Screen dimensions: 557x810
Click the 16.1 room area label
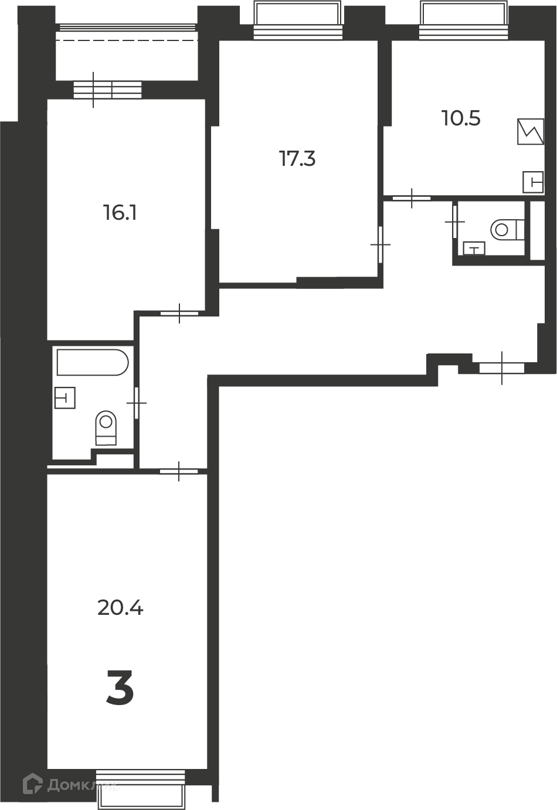click(120, 212)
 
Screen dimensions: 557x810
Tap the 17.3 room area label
click(297, 159)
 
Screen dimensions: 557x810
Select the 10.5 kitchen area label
click(461, 118)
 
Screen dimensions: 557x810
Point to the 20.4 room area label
click(120, 607)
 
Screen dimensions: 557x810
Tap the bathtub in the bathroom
click(93, 362)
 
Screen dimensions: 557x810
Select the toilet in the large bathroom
click(106, 428)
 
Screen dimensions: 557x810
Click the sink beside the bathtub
click(64, 398)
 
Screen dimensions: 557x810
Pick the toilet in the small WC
click(507, 229)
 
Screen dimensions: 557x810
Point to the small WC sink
click(474, 249)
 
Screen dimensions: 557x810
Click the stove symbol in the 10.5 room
click(531, 132)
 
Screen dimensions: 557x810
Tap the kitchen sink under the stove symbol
click(533, 182)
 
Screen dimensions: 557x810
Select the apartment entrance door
click(502, 368)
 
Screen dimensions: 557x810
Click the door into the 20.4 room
click(179, 471)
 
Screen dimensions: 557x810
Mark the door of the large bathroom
click(137, 403)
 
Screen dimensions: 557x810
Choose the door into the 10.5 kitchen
click(412, 198)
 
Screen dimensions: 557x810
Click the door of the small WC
click(455, 222)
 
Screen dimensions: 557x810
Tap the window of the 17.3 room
click(297, 19)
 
